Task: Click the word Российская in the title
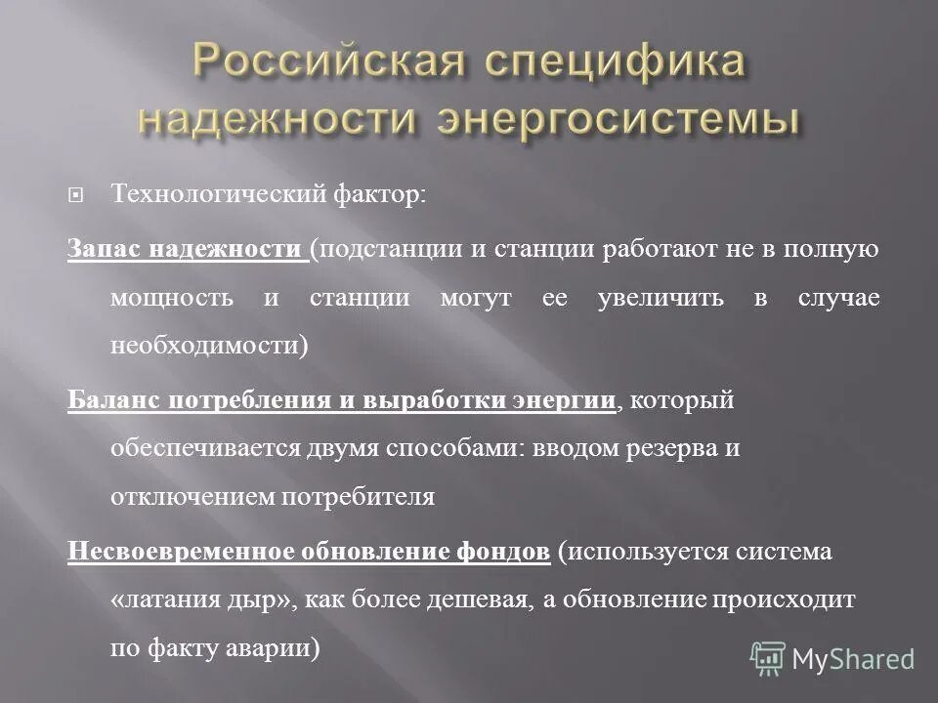coord(311,64)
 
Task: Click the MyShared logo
coord(832,659)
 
